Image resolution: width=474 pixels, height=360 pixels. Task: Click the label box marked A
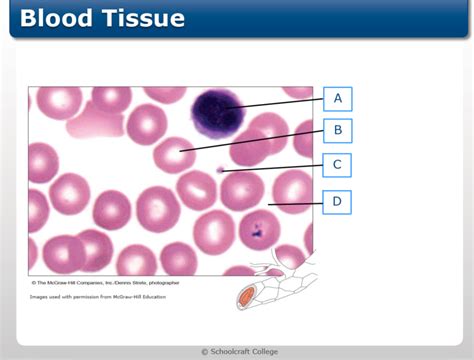[338, 98]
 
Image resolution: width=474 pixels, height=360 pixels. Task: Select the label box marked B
[338, 130]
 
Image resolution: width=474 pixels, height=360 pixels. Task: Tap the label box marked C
[338, 165]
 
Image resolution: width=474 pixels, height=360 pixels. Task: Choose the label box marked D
[338, 202]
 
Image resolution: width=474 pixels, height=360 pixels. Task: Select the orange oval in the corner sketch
[246, 296]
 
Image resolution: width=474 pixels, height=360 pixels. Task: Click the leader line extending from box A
[280, 102]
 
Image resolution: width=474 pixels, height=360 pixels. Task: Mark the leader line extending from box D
[295, 204]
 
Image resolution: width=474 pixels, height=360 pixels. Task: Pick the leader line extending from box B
[255, 140]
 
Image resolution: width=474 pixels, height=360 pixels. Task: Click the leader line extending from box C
[275, 168]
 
